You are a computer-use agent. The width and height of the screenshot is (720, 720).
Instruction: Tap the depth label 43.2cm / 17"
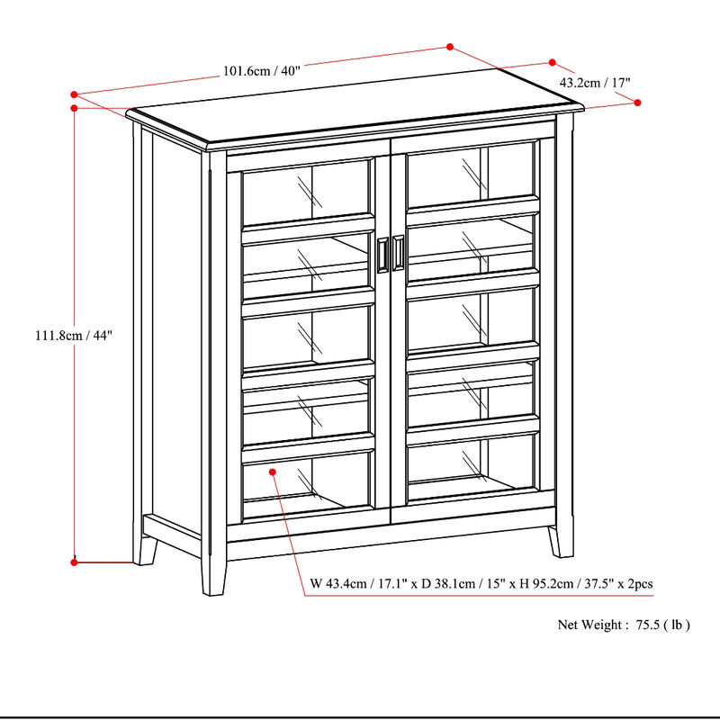595,82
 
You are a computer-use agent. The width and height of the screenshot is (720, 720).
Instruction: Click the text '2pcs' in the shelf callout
639,584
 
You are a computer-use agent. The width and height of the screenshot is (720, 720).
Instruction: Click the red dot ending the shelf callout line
270,471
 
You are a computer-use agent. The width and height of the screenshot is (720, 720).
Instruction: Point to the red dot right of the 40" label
449,46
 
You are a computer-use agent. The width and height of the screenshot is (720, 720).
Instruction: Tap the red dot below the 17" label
638,103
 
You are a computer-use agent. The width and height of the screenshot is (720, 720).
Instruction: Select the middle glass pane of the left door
307,334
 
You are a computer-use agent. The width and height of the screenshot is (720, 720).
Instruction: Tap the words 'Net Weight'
589,624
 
